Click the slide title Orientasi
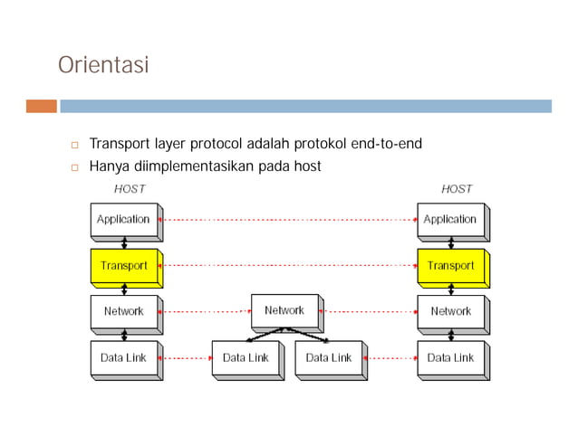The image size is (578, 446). point(102,66)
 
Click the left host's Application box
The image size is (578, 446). point(123,219)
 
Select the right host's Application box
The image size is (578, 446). point(450,219)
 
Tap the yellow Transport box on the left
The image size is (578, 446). point(123,265)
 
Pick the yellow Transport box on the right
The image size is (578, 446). point(450,265)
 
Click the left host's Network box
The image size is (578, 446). point(123,311)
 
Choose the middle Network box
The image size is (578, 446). point(284,310)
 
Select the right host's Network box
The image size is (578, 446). point(450,311)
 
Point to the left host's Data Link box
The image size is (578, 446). point(123,357)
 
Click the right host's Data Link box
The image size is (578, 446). point(450,357)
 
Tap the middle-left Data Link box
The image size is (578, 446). point(246,357)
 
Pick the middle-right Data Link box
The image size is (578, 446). point(329,357)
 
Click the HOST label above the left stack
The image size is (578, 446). point(130,189)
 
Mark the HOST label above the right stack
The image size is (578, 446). point(457,189)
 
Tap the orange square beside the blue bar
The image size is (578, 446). point(41,106)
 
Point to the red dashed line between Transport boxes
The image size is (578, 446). point(288,265)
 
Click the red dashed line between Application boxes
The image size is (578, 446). point(288,219)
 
